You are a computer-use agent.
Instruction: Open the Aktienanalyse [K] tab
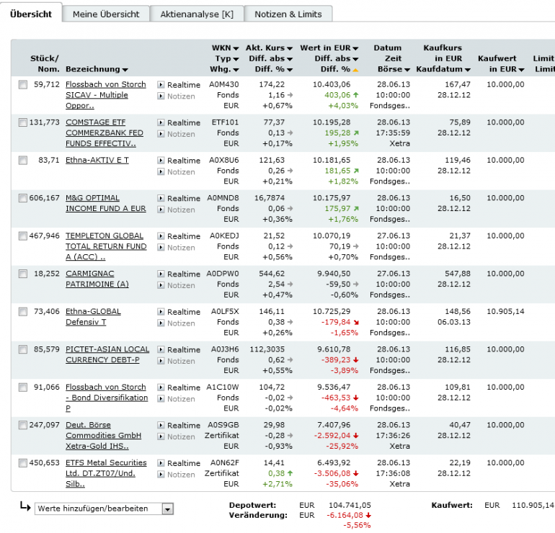pos(197,14)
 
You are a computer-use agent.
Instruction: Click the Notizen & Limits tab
pos(288,14)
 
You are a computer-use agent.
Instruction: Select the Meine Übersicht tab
pos(106,14)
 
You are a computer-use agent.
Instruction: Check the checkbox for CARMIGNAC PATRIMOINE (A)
pos(23,274)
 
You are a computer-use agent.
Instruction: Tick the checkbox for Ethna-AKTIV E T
pos(23,160)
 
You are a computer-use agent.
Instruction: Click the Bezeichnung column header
pos(97,69)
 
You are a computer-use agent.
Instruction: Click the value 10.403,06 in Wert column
pos(332,84)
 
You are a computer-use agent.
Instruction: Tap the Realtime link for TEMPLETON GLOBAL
pos(183,236)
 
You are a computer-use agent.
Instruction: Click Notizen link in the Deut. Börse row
pos(180,436)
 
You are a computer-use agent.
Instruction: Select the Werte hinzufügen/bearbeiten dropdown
pos(105,509)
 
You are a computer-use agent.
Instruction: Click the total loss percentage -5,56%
pos(358,525)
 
